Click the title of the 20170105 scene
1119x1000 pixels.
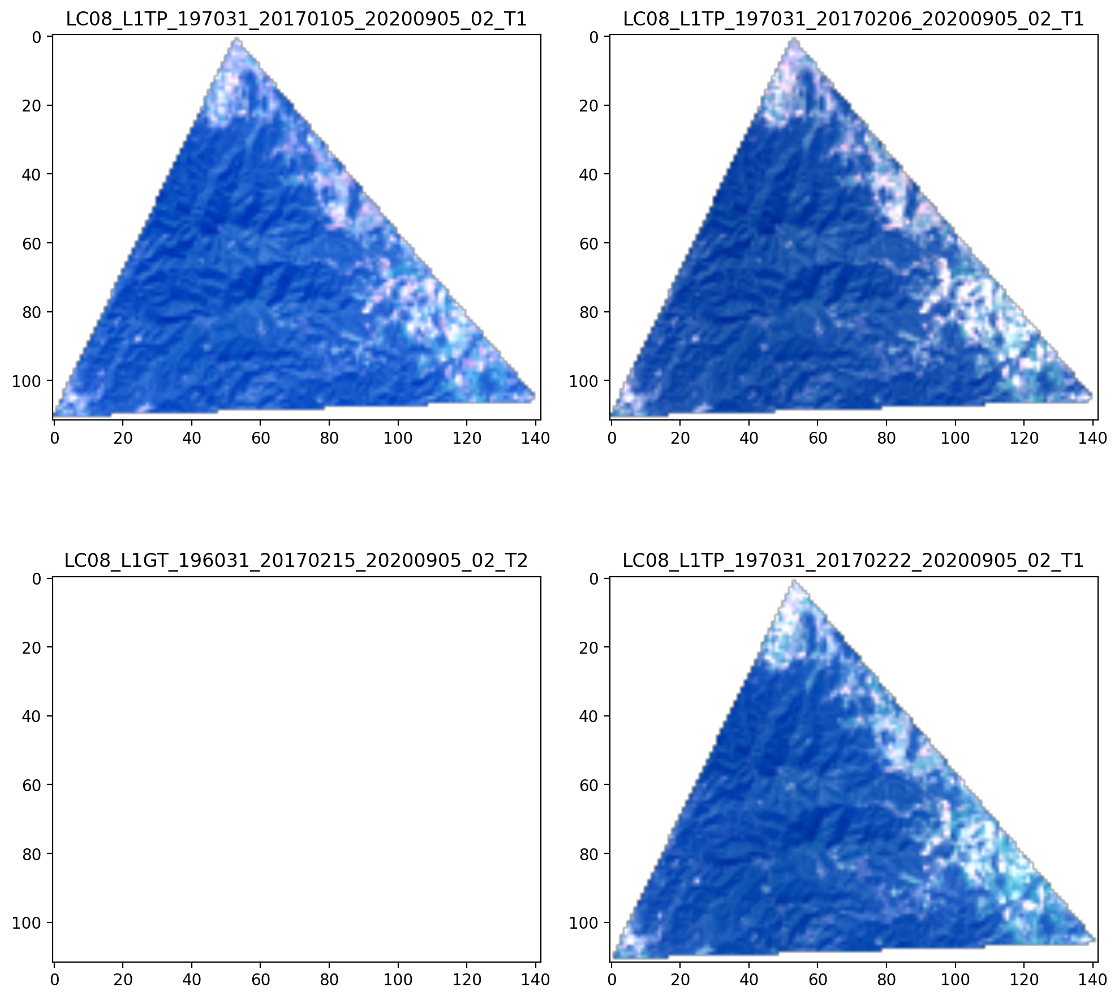[x=296, y=19]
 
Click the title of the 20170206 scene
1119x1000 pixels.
[x=854, y=19]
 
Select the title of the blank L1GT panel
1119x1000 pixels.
[x=296, y=561]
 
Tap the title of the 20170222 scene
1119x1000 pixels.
[x=854, y=561]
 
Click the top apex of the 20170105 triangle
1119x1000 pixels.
[x=236, y=38]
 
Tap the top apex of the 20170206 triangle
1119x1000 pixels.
[x=794, y=38]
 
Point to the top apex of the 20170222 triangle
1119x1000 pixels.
[x=794, y=581]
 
